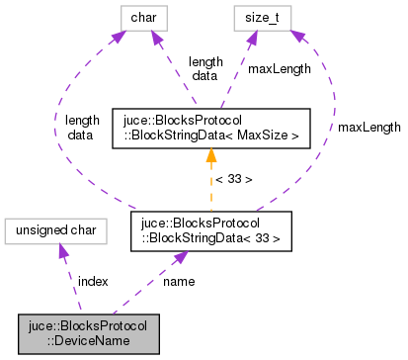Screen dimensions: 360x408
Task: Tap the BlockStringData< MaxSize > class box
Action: click(x=210, y=128)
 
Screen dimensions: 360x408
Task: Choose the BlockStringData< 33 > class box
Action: click(x=210, y=229)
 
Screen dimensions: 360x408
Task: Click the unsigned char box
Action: click(x=55, y=229)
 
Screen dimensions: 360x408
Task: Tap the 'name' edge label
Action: click(x=179, y=282)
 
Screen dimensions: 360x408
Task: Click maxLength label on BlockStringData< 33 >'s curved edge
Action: click(x=369, y=128)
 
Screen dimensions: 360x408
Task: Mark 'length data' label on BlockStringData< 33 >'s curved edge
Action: click(x=82, y=128)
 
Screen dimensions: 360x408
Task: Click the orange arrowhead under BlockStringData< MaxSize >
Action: click(x=210, y=155)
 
